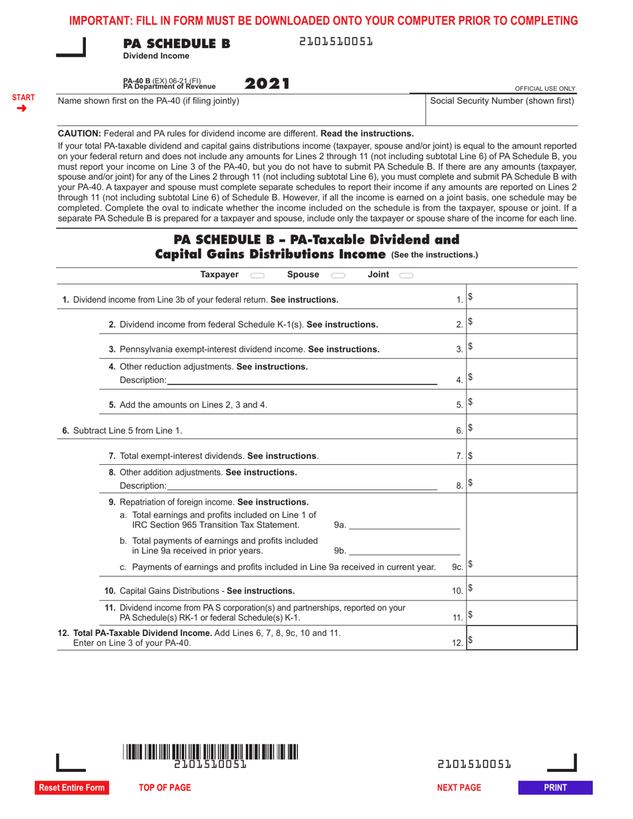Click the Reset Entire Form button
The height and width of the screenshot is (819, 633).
[x=72, y=788]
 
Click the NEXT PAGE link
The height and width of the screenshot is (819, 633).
[x=458, y=788]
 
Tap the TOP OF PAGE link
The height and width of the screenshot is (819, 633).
[x=165, y=788]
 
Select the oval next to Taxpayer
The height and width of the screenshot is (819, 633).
[x=257, y=275]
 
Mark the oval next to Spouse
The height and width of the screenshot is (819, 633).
[x=338, y=275]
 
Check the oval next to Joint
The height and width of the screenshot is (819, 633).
[x=406, y=275]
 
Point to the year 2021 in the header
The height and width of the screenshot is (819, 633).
[x=267, y=84]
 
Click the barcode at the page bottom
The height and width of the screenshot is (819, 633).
[x=211, y=752]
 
